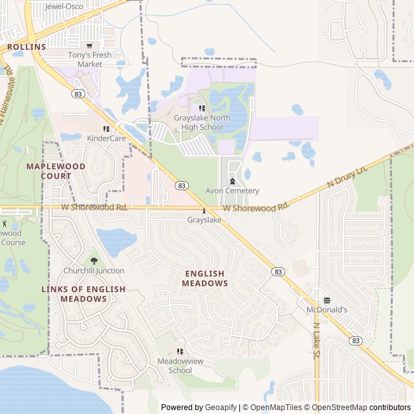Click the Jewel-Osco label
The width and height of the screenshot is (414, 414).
(65, 6)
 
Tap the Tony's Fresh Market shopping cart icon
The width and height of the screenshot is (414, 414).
(89, 46)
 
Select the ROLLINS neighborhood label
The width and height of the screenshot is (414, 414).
(27, 47)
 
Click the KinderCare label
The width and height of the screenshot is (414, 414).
(106, 138)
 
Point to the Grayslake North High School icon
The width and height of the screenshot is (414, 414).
(202, 109)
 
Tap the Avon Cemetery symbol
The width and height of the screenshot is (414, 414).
(232, 182)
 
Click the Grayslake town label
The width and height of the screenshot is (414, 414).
(204, 220)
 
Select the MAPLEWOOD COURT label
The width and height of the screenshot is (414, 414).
(56, 171)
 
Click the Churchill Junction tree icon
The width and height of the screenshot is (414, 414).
(94, 261)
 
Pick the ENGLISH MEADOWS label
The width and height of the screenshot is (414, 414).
(205, 279)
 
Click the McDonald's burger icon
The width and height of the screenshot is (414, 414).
(327, 300)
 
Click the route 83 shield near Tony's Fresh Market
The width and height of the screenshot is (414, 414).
(77, 94)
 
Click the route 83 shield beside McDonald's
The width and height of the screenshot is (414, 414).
(356, 340)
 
